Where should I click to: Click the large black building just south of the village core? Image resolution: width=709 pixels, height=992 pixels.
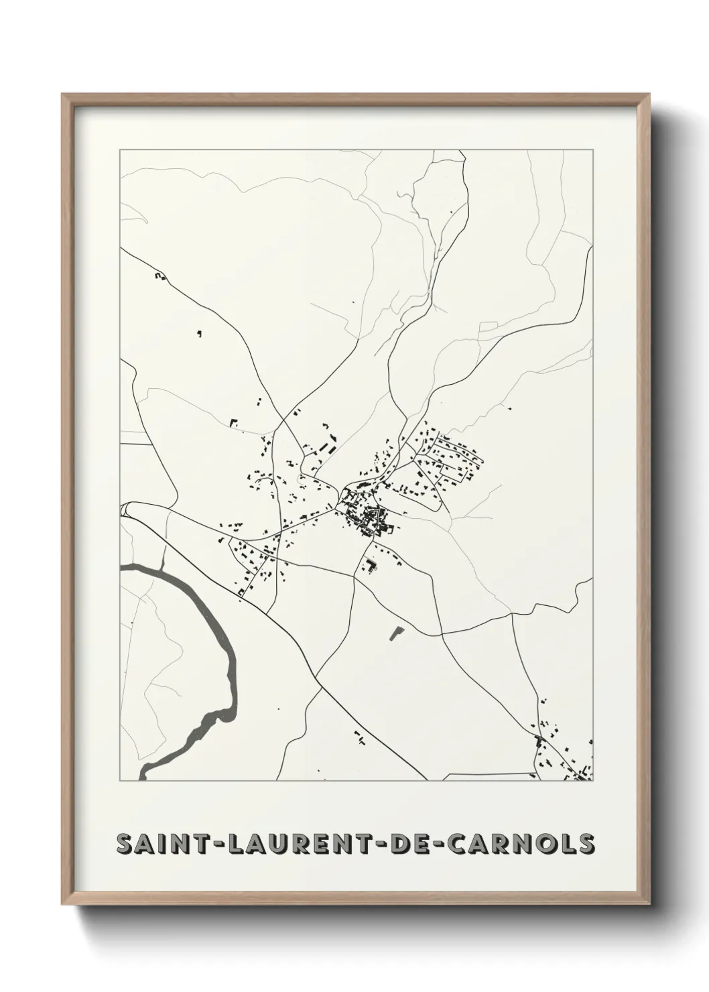click(369, 566)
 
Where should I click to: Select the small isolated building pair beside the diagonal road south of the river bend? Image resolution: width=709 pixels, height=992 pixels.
click(360, 737)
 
